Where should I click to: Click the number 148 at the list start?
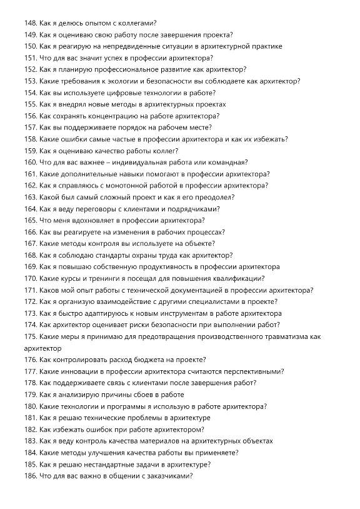point(30,23)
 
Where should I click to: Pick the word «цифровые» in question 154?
point(125,93)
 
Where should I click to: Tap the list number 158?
point(30,139)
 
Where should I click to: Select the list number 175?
point(30,336)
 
